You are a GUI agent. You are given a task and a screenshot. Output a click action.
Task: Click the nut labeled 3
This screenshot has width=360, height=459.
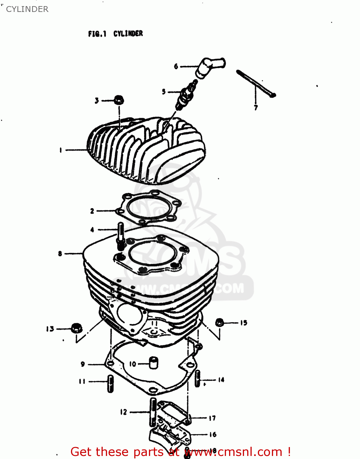(x=119, y=100)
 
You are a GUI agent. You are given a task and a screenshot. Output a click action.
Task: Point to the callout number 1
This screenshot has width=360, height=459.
(x=61, y=150)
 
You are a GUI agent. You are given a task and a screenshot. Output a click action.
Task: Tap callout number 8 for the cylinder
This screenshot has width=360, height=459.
(x=60, y=253)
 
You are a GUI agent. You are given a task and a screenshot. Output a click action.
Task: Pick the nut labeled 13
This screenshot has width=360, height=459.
(x=76, y=328)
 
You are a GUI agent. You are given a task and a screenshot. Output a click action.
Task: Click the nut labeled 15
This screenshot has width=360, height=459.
(x=219, y=323)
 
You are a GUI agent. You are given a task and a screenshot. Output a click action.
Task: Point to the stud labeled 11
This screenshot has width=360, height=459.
(x=110, y=383)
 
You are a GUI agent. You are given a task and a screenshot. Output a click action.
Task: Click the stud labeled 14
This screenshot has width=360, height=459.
(x=198, y=379)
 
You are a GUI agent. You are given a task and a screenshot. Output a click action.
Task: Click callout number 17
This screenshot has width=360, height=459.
(x=212, y=418)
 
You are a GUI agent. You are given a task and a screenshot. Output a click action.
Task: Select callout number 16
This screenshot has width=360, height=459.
(x=213, y=435)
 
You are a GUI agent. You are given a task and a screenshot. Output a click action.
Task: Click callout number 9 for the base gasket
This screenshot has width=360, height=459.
(x=83, y=364)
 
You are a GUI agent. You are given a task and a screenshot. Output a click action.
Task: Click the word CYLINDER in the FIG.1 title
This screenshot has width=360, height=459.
(x=128, y=34)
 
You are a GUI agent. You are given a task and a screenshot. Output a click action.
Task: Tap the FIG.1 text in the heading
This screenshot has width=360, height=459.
(x=97, y=34)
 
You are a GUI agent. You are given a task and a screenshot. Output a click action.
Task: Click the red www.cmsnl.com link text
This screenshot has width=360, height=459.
(x=234, y=452)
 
